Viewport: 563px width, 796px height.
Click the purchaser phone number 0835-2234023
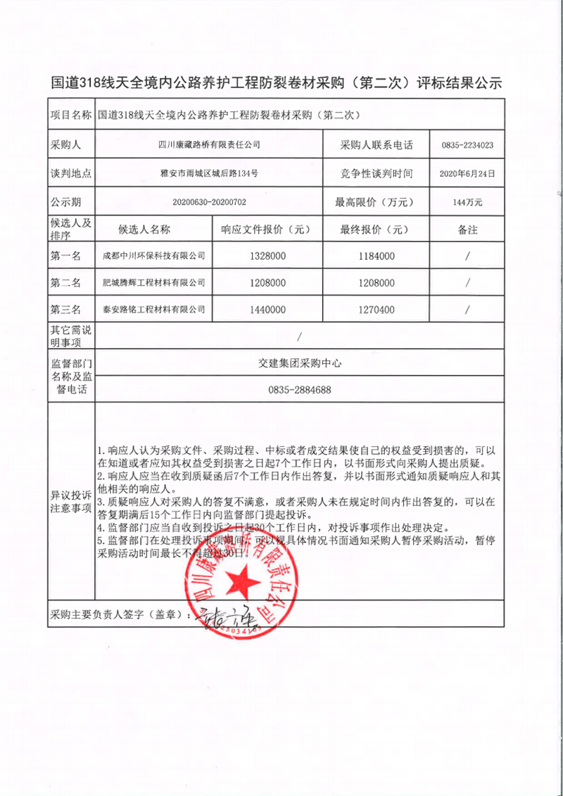coord(467,145)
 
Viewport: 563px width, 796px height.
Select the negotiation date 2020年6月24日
coord(467,173)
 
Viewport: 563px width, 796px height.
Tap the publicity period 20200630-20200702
coord(209,202)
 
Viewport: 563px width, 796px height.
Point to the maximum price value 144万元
coord(467,202)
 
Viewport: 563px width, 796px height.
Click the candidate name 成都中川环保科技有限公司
coord(154,256)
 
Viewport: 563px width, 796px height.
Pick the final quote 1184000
coord(377,256)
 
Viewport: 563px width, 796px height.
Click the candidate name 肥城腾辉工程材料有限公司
coord(154,282)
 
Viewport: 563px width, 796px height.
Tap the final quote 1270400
coord(377,309)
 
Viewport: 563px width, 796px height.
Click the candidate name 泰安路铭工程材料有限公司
coord(154,309)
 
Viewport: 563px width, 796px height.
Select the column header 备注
coord(467,229)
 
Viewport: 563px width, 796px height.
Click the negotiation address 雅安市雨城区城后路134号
coord(209,173)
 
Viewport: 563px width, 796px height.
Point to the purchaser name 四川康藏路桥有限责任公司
coord(209,145)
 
